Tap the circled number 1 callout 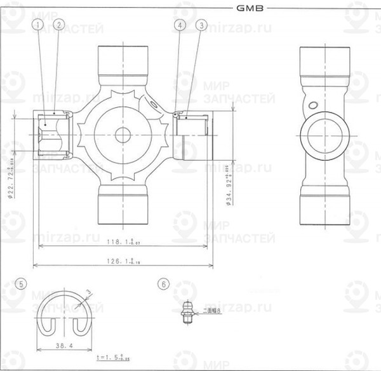(39, 25)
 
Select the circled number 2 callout (59, 25)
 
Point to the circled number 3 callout (202, 25)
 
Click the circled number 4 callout (180, 25)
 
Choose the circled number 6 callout (164, 284)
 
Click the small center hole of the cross (123, 135)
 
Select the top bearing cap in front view (123, 60)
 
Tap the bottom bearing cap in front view (123, 206)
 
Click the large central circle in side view (324, 135)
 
